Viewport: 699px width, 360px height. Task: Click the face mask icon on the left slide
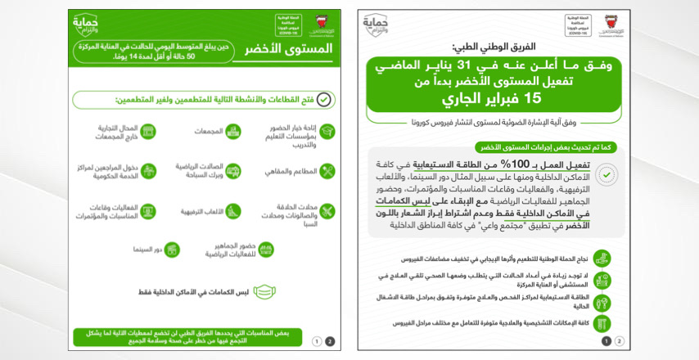pos(264,290)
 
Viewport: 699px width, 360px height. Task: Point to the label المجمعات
pos(210,131)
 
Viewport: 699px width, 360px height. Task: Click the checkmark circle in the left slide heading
pos(324,99)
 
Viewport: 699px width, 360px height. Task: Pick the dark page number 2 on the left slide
pos(330,341)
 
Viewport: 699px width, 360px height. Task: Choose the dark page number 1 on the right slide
pos(607,341)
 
